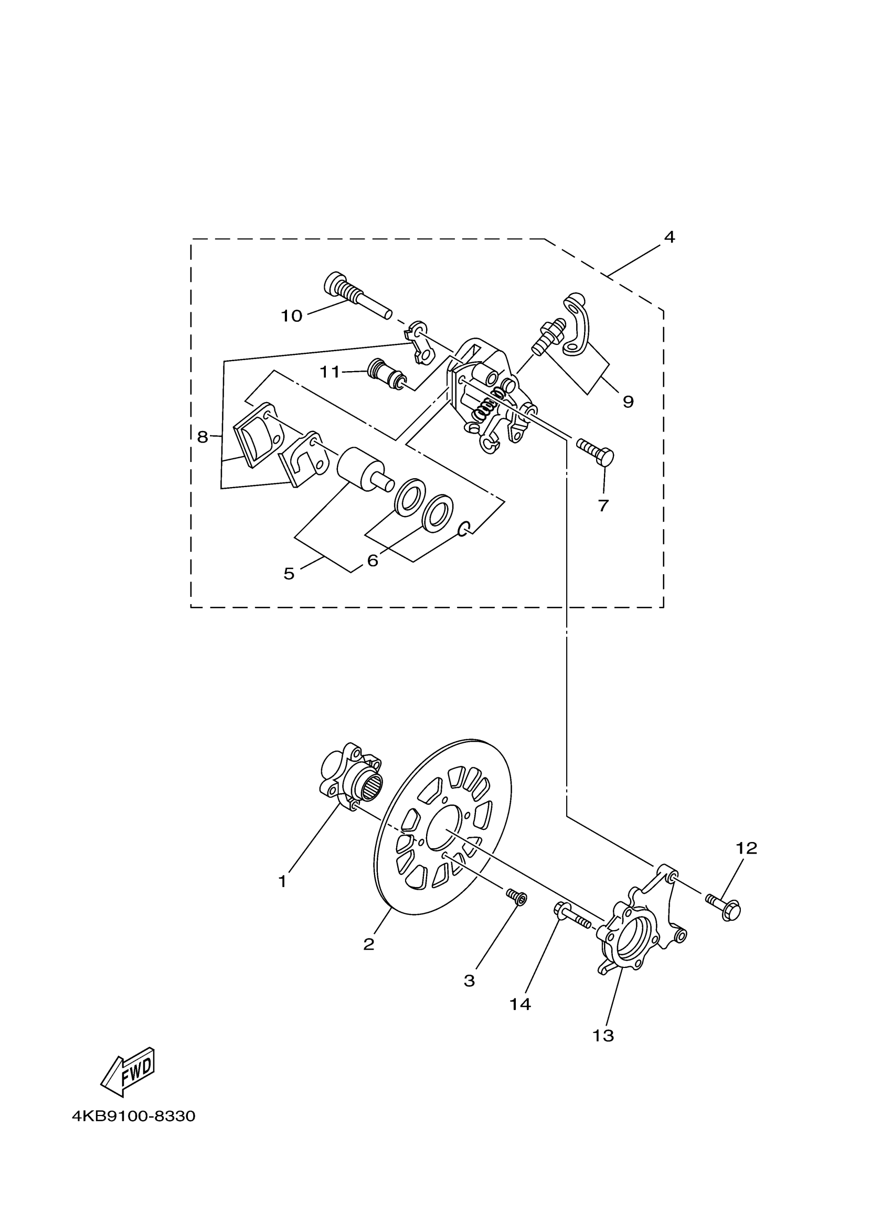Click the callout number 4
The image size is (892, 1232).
click(x=670, y=237)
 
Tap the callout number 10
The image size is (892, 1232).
click(x=291, y=315)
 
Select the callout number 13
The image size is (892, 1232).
click(x=603, y=1036)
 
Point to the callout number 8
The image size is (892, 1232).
click(x=202, y=437)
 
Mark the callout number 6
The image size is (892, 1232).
click(x=373, y=560)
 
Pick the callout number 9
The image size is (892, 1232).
click(x=628, y=402)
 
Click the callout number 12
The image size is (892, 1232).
click(x=746, y=848)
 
